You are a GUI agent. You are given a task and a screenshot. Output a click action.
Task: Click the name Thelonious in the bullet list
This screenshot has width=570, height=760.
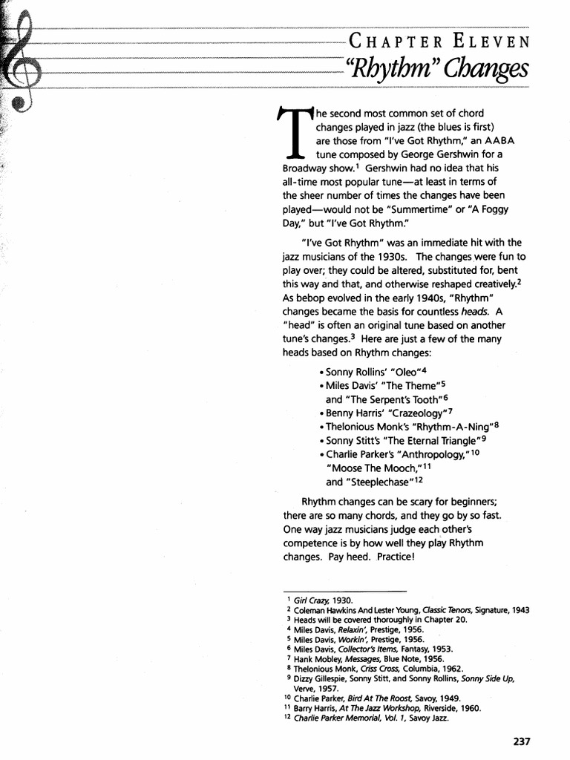[354, 426]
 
